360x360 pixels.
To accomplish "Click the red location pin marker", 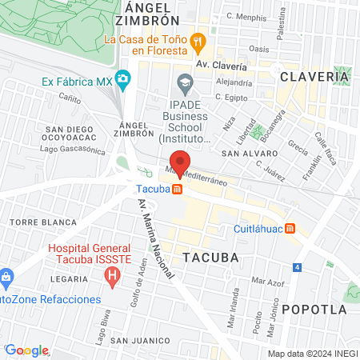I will coord(179,162).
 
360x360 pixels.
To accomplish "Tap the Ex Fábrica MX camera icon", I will coord(122,78).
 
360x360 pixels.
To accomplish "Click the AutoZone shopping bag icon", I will coord(6,279).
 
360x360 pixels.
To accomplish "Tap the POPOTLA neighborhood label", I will coord(321,309).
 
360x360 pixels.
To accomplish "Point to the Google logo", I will coord(27,350).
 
